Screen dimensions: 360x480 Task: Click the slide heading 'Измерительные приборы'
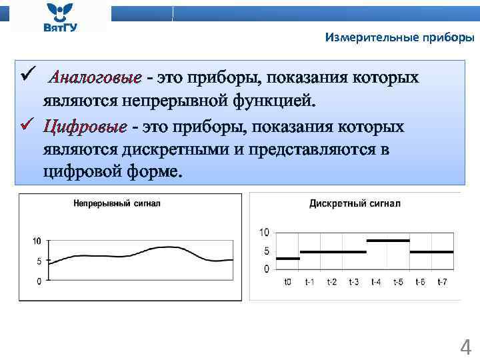399,38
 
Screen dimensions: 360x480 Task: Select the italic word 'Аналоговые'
96,78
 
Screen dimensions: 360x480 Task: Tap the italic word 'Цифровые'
85,127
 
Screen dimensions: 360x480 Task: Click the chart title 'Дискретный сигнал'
355,203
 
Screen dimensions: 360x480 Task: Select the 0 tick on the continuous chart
39,281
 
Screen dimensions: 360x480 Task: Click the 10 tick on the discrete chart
264,233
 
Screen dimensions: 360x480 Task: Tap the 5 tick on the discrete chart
266,251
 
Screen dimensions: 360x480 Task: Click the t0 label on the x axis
287,282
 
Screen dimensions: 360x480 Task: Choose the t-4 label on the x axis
376,282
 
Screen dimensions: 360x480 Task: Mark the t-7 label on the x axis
442,282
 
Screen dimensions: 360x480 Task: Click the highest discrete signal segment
388,240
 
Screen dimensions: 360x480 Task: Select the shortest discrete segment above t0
287,258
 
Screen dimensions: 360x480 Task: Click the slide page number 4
466,347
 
